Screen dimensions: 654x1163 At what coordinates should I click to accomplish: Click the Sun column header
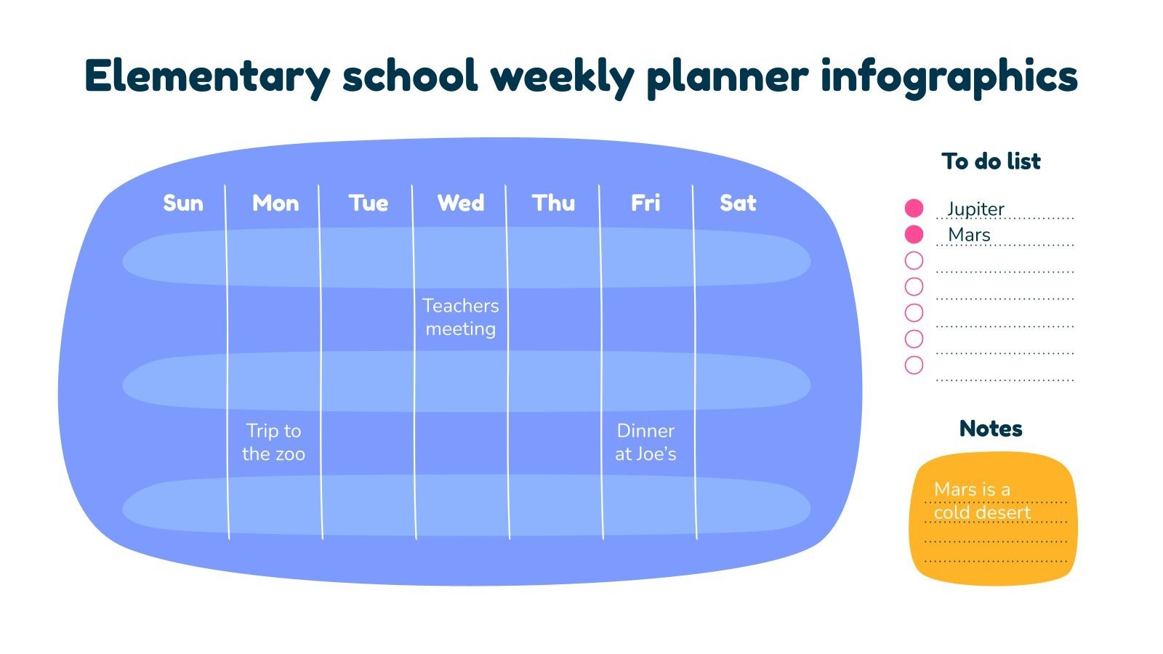(183, 203)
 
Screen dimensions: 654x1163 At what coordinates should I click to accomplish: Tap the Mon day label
(275, 203)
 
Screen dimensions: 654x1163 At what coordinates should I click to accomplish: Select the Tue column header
(369, 203)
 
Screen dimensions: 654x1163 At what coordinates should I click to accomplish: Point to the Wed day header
(461, 203)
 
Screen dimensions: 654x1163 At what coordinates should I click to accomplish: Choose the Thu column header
(553, 203)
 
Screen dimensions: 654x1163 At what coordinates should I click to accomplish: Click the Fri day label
(645, 203)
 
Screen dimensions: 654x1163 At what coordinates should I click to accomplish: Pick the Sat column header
(738, 203)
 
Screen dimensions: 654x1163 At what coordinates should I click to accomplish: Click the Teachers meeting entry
(461, 318)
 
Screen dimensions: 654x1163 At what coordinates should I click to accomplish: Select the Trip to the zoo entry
(273, 443)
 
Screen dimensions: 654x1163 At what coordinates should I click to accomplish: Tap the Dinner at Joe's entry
(645, 443)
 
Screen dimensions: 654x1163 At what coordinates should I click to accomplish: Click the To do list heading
(991, 161)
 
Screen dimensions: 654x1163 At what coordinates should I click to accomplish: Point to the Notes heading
(991, 429)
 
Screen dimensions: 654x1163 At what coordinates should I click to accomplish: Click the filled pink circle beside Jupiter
(914, 209)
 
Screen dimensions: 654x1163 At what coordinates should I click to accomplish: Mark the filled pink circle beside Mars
(914, 235)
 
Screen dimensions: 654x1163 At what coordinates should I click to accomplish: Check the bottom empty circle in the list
(914, 365)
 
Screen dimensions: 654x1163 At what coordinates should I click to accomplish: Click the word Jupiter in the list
(975, 209)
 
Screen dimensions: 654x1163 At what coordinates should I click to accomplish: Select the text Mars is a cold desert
(981, 501)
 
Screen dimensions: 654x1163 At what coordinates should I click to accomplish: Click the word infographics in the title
(949, 76)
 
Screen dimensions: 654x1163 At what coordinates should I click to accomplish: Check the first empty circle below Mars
(914, 260)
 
